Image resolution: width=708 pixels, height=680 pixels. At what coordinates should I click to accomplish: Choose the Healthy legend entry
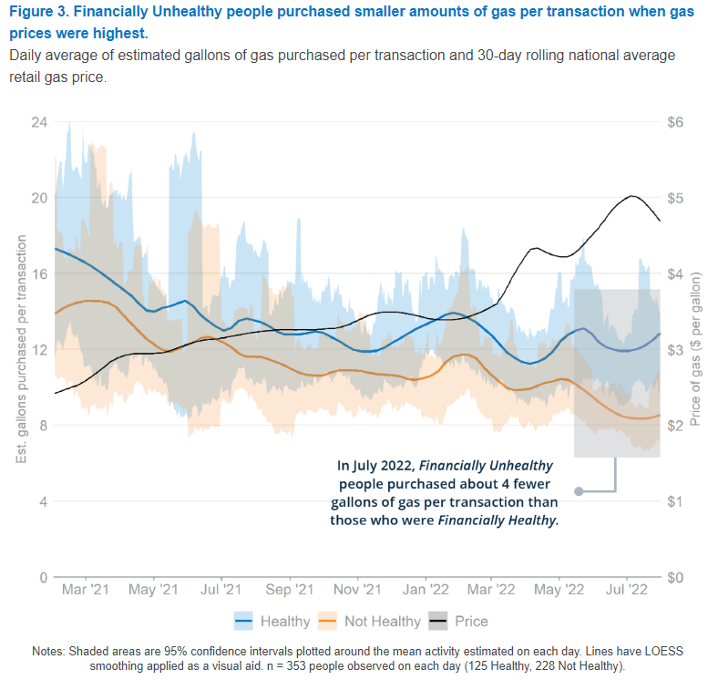point(273,622)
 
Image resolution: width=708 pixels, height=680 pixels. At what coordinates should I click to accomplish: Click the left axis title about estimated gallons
point(21,349)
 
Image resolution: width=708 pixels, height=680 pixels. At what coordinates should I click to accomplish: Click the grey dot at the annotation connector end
point(578,491)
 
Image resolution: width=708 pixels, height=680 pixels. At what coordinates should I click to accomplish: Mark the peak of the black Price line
point(631,196)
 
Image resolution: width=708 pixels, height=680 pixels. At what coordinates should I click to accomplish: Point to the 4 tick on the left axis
point(41,501)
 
